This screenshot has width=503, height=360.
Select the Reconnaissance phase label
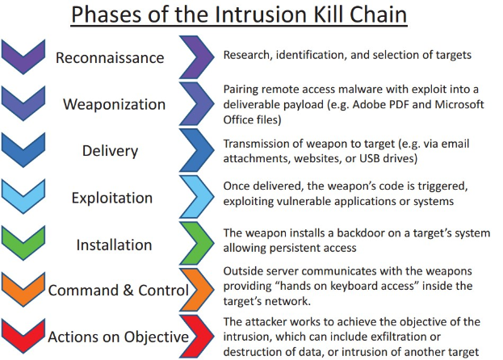[x=110, y=58]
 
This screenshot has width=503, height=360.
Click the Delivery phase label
[x=110, y=151]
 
